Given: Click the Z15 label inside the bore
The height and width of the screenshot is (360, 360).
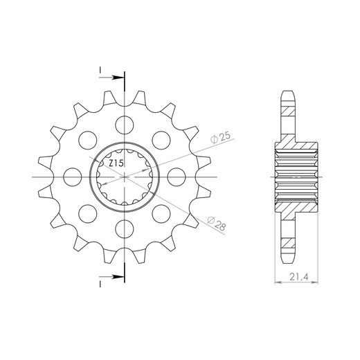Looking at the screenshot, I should [x=116, y=163].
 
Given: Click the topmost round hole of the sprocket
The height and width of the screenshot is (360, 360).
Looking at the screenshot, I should [x=125, y=126].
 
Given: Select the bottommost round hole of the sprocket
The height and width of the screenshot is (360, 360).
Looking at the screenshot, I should [x=125, y=228].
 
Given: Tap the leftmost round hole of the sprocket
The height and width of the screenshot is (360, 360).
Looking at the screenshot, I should [x=73, y=177].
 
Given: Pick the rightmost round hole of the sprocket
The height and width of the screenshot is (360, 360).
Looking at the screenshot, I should [x=176, y=177].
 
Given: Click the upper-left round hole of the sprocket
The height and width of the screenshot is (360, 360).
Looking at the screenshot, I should [x=89, y=141].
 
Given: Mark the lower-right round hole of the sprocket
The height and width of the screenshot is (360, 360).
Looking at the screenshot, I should [x=161, y=213].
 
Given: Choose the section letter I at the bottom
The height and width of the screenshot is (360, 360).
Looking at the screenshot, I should [x=100, y=283].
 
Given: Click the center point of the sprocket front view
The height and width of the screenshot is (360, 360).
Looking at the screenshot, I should [x=125, y=177].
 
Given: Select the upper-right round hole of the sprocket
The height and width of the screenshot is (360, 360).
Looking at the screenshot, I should [x=161, y=141].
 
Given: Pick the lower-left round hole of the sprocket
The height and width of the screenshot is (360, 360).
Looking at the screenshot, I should [x=89, y=213].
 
